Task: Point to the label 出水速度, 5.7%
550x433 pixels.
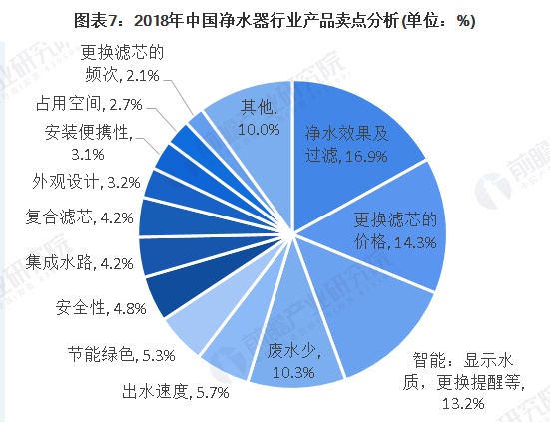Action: point(175,392)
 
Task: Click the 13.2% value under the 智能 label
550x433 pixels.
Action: point(462,403)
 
